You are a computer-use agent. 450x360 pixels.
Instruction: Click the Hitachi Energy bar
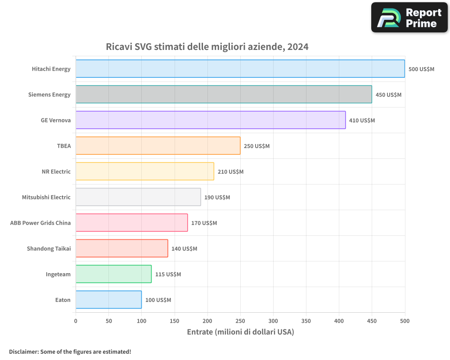pyautogui.click(x=240, y=68)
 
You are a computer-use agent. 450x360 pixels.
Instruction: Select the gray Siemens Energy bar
pyautogui.click(x=224, y=94)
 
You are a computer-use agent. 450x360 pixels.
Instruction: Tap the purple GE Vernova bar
pyautogui.click(x=211, y=120)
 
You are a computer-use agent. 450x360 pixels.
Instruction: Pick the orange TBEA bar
pyautogui.click(x=158, y=145)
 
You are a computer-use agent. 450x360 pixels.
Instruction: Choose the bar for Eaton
pyautogui.click(x=109, y=300)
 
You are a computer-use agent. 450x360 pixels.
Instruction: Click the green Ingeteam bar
pyautogui.click(x=114, y=274)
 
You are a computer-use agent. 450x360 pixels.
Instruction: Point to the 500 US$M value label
pyautogui.click(x=421, y=69)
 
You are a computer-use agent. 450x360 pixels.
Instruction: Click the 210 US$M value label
pyautogui.click(x=230, y=171)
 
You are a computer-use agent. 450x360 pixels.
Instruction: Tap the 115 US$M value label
pyautogui.click(x=168, y=274)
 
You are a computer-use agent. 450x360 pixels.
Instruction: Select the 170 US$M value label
pyautogui.click(x=204, y=223)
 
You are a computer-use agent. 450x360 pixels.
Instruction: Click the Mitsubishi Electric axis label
pyautogui.click(x=46, y=197)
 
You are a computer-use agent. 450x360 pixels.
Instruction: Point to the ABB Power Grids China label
pyautogui.click(x=40, y=223)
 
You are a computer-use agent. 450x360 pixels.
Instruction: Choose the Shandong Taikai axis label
pyautogui.click(x=49, y=248)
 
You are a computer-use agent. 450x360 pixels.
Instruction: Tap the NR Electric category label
pyautogui.click(x=56, y=171)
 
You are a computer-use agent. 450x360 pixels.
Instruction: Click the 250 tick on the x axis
pyautogui.click(x=240, y=321)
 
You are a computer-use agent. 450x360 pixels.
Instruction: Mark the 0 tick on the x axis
pyautogui.click(x=76, y=321)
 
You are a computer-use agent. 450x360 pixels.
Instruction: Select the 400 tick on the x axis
pyautogui.click(x=339, y=321)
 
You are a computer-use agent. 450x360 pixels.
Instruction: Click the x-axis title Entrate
pyautogui.click(x=240, y=332)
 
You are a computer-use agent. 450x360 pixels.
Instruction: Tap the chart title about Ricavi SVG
pyautogui.click(x=207, y=46)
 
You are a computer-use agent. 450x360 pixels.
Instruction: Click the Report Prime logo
pyautogui.click(x=409, y=18)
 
